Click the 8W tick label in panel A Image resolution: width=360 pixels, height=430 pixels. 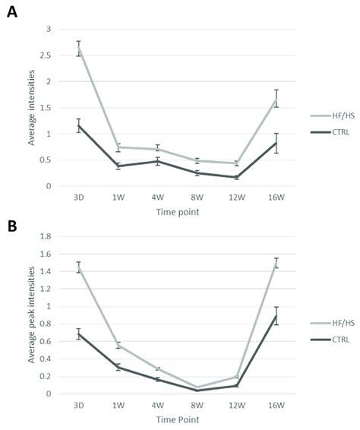pyautogui.click(x=196, y=196)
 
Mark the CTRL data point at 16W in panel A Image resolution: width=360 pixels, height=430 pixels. pyautogui.click(x=276, y=142)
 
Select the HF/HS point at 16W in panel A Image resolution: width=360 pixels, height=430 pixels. pyautogui.click(x=276, y=99)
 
